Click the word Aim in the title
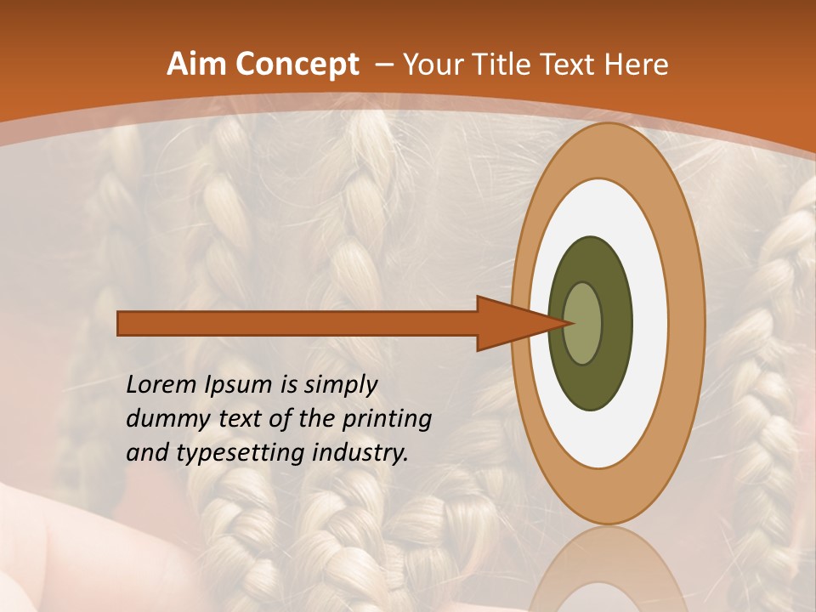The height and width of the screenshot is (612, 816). pyautogui.click(x=196, y=65)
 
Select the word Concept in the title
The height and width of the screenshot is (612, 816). pyautogui.click(x=296, y=65)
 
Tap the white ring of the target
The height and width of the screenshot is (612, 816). pyautogui.click(x=646, y=324)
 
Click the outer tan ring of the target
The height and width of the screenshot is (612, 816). pyautogui.click(x=689, y=324)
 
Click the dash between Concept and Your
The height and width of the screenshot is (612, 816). pyautogui.click(x=382, y=65)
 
